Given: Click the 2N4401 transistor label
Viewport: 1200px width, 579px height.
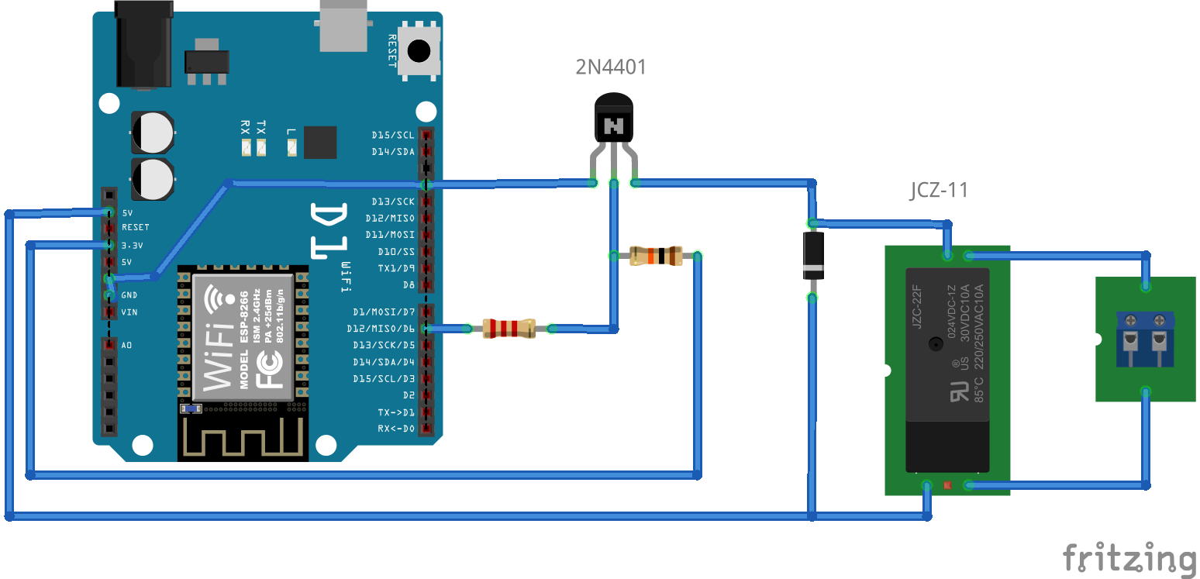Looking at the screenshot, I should (x=610, y=67).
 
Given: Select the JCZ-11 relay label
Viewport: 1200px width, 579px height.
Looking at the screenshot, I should (x=939, y=190).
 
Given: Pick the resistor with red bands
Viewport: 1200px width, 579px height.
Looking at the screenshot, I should (x=509, y=329).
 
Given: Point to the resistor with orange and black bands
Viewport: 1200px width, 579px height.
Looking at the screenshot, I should (x=655, y=255).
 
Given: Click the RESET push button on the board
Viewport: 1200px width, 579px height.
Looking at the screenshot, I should (x=419, y=51).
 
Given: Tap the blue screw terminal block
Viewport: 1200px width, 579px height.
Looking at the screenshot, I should (x=1145, y=339).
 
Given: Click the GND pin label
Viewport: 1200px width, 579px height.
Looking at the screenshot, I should (x=129, y=295).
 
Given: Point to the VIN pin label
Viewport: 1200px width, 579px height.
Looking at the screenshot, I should (x=129, y=312).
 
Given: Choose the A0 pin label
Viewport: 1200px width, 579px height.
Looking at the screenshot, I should (x=126, y=345).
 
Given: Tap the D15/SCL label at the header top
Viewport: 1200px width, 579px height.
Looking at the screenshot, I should (x=393, y=135).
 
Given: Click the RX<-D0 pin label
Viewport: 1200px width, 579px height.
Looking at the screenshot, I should (x=396, y=429).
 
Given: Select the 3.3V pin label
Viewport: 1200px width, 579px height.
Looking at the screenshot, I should (x=132, y=245).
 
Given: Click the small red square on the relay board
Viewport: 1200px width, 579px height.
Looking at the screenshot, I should (x=947, y=486).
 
